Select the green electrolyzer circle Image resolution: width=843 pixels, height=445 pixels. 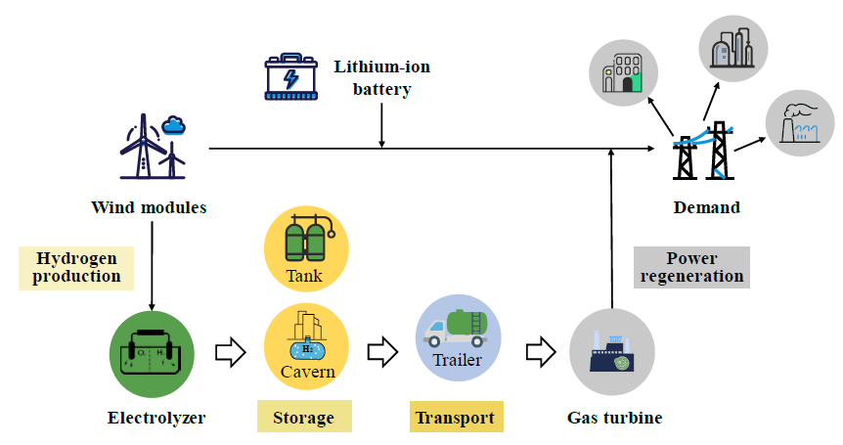pyautogui.click(x=152, y=354)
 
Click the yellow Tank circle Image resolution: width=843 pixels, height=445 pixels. pyautogui.click(x=305, y=249)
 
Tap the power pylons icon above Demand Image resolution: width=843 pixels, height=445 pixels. pyautogui.click(x=702, y=152)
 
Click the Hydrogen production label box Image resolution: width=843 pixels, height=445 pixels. pyautogui.click(x=76, y=267)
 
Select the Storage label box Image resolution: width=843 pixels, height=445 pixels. pyautogui.click(x=303, y=418)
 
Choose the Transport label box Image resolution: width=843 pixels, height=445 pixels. pyautogui.click(x=456, y=418)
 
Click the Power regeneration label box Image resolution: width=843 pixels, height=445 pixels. pyautogui.click(x=692, y=267)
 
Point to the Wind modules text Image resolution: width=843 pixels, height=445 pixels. pyautogui.click(x=149, y=207)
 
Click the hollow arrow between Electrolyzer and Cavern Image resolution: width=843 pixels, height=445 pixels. pyautogui.click(x=229, y=351)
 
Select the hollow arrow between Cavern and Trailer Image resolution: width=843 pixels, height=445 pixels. pyautogui.click(x=382, y=351)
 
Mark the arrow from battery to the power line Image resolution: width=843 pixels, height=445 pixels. pyautogui.click(x=381, y=127)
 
